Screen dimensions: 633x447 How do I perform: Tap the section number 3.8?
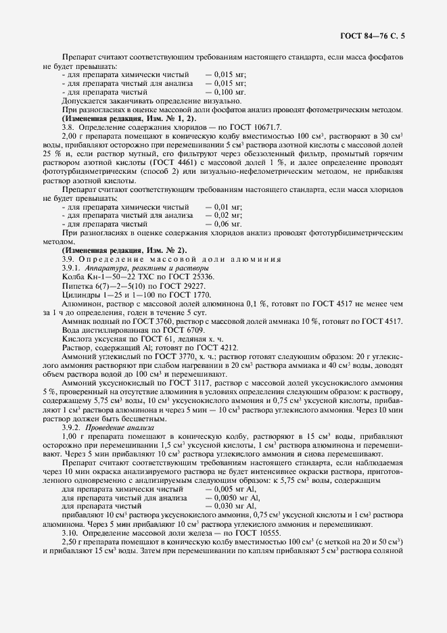(x=69, y=126)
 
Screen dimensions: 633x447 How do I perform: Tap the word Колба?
(x=73, y=277)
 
